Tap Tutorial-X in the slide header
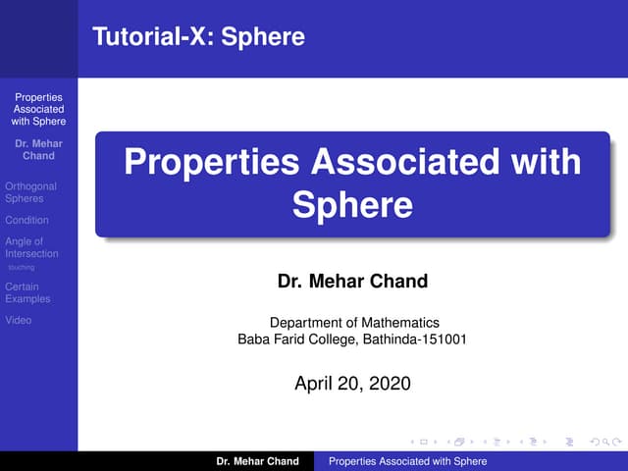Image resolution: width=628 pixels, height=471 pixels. (152, 38)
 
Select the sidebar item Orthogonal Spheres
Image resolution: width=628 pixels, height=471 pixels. (30, 192)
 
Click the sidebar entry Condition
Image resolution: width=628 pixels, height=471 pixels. (26, 220)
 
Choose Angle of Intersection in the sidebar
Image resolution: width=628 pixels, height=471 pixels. (31, 247)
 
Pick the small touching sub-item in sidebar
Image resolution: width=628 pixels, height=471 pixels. (21, 267)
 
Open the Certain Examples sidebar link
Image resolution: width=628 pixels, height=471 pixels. (27, 292)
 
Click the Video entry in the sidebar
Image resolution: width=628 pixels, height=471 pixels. (18, 320)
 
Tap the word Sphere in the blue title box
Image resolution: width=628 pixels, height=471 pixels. (352, 206)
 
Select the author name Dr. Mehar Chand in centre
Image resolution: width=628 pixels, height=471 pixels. (352, 283)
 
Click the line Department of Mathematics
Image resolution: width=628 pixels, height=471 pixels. (352, 323)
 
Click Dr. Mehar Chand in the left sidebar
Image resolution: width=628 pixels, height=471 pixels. (38, 150)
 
